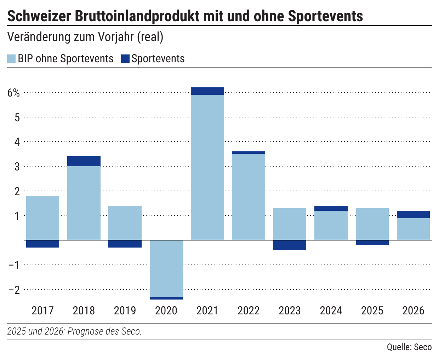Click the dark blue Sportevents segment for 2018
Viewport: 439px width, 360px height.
click(x=84, y=161)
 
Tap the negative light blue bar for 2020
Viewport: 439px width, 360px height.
click(x=166, y=268)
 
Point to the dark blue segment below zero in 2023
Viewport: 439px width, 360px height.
click(x=290, y=245)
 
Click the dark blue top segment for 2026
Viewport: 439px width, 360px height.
click(x=413, y=214)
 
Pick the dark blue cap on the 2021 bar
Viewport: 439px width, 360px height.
click(x=207, y=91)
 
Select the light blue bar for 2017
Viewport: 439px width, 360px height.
click(x=42, y=218)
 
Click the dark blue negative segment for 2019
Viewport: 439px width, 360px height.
click(x=125, y=244)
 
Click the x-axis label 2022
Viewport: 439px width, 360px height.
click(x=249, y=310)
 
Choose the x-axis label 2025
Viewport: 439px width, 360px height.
click(x=372, y=310)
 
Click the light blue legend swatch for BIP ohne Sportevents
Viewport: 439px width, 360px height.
click(x=11, y=59)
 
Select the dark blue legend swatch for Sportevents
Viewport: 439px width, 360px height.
click(x=125, y=59)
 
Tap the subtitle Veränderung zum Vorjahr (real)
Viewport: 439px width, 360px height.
click(x=85, y=37)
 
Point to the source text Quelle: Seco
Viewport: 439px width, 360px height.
click(x=409, y=347)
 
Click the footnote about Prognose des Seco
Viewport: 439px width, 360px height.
click(x=74, y=331)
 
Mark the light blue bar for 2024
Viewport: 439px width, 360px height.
click(x=331, y=225)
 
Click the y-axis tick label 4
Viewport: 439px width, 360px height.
click(x=17, y=142)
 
